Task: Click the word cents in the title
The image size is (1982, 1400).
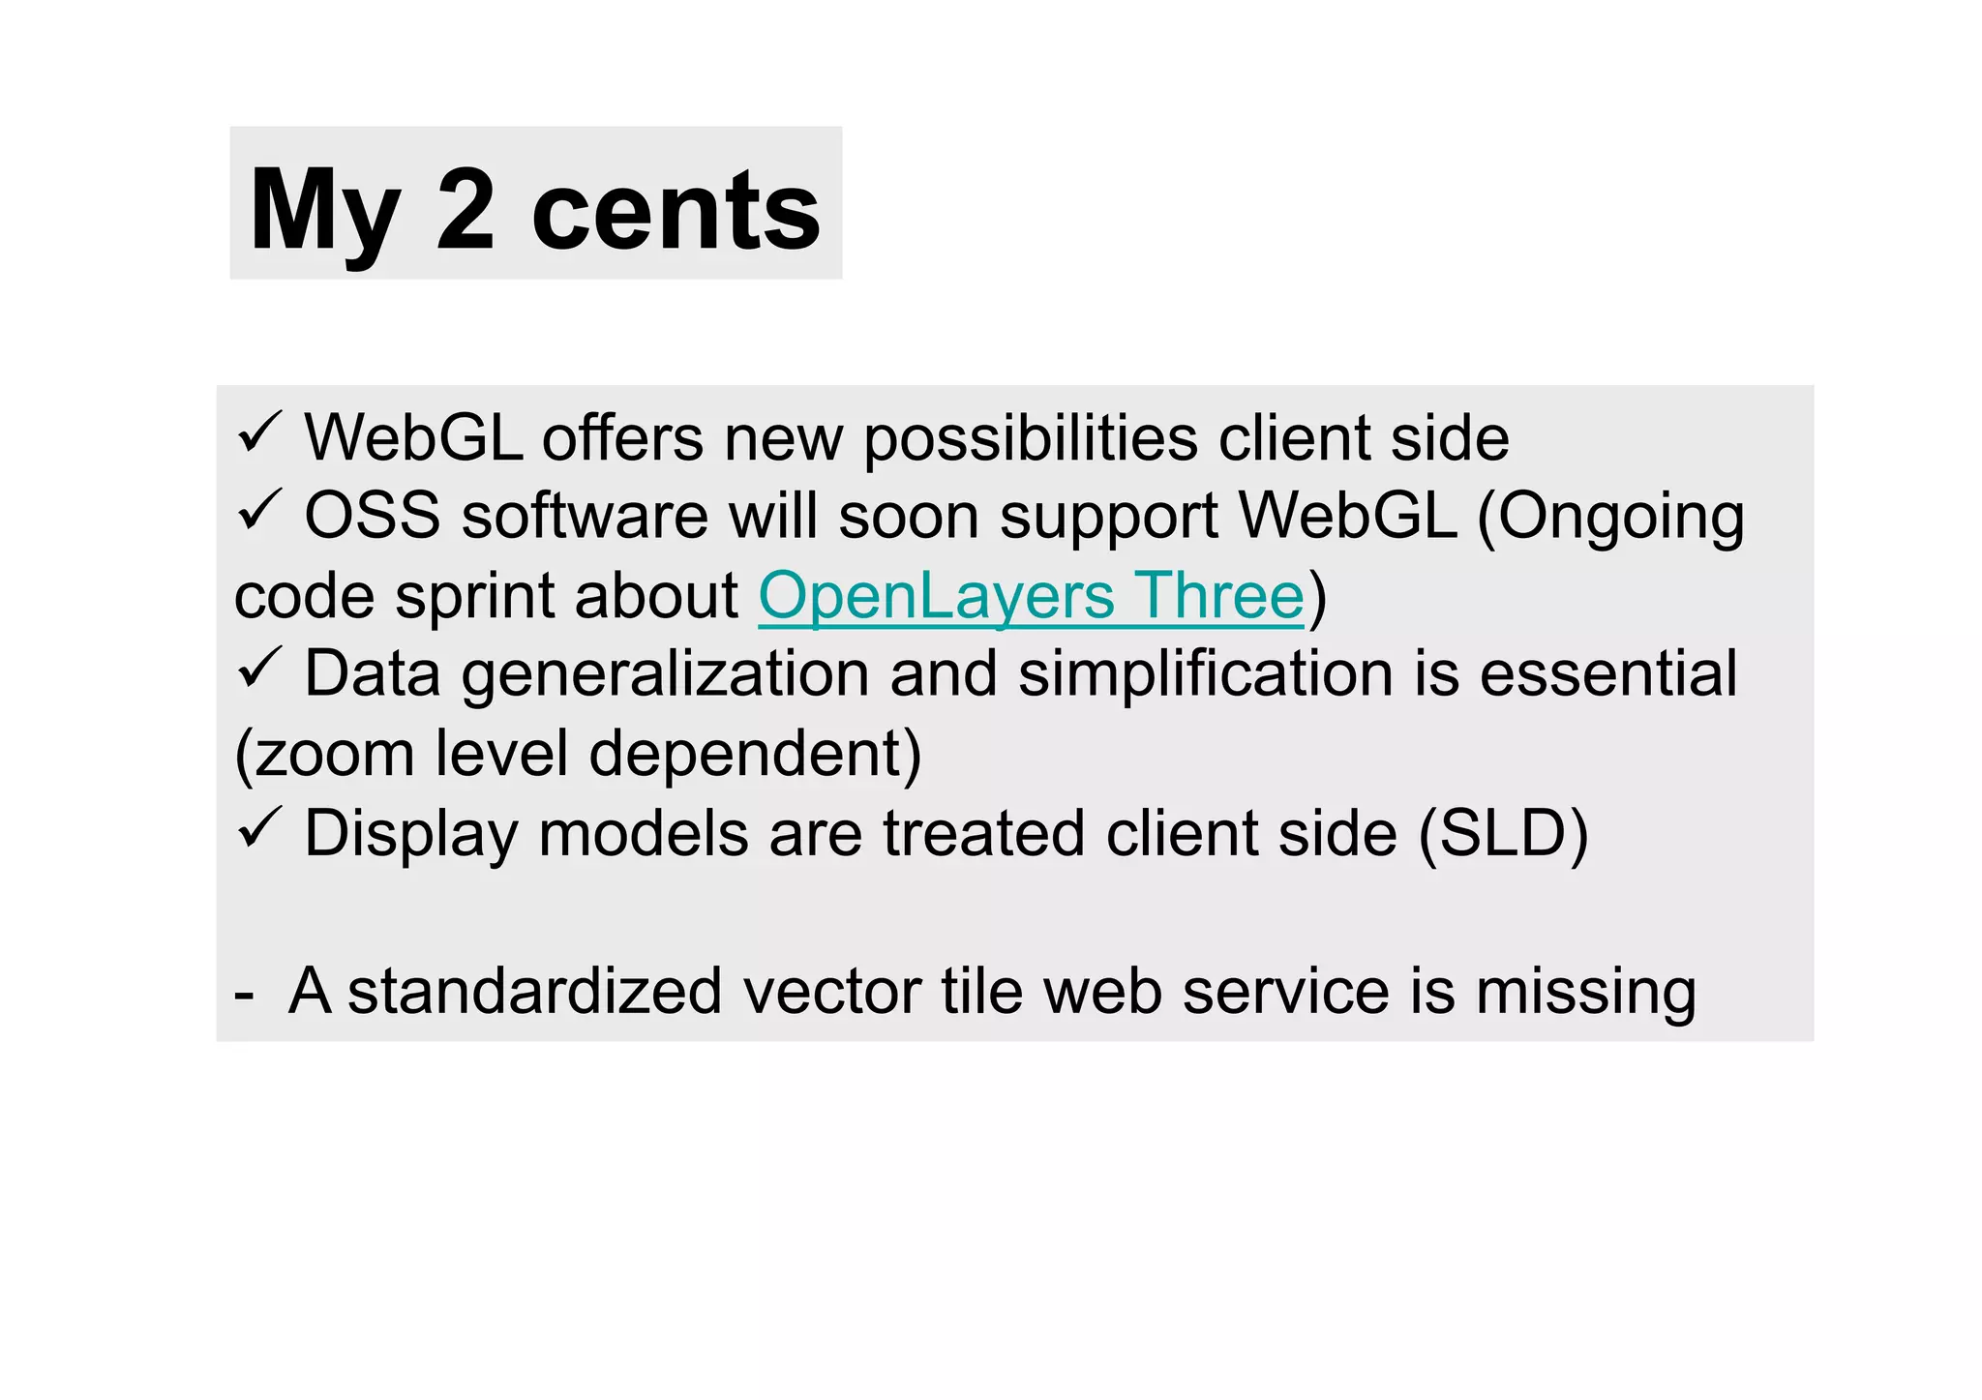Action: point(676,211)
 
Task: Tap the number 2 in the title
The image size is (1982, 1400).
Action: point(465,209)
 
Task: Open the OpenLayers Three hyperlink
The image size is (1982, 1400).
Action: point(1031,596)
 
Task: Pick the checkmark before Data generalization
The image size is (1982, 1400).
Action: point(258,669)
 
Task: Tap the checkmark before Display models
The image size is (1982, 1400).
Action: point(258,828)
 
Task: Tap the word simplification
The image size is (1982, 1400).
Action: point(1205,674)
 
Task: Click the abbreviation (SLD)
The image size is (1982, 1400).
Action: point(1503,834)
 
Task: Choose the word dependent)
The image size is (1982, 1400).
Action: point(755,755)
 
